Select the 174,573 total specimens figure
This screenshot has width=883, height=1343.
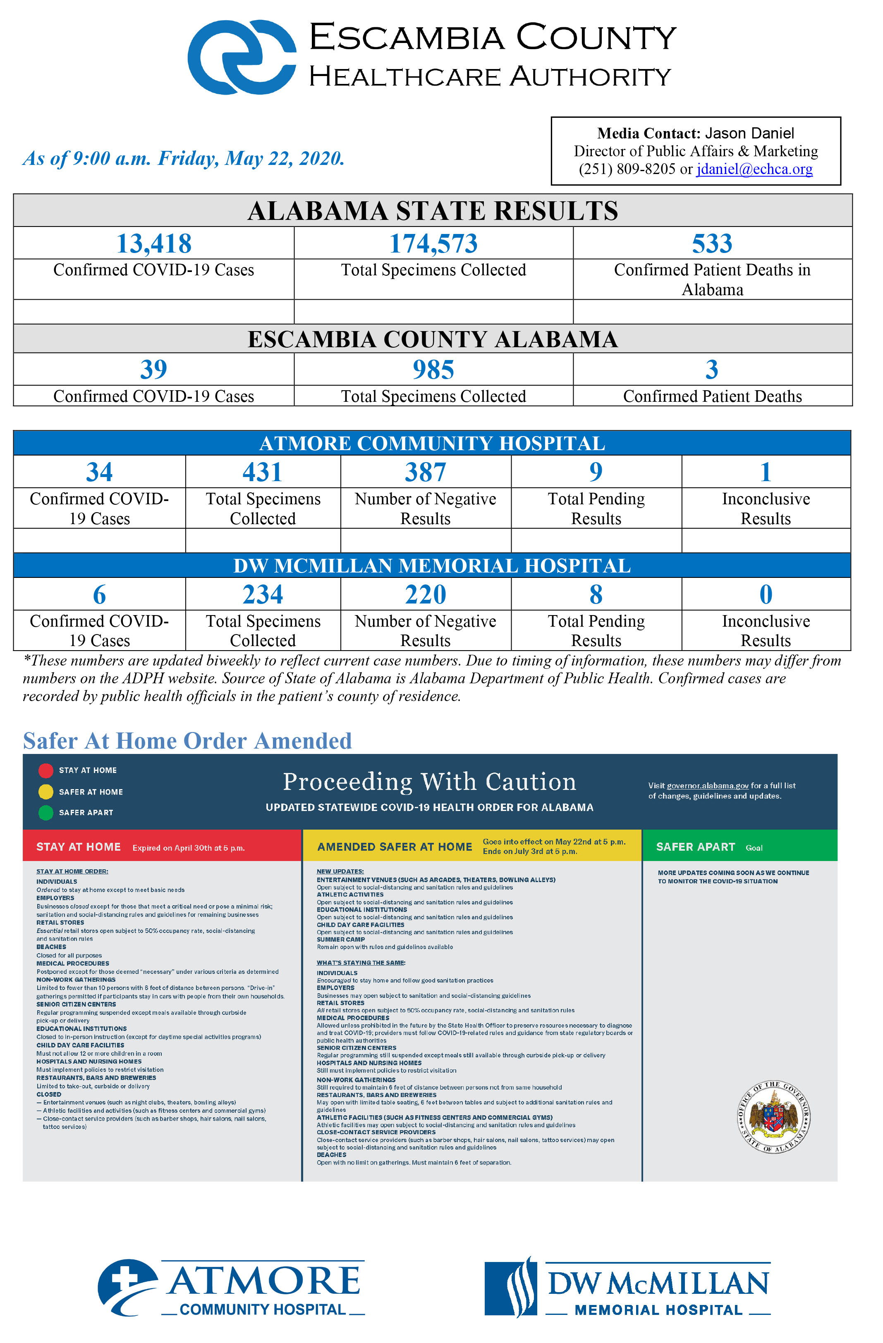433,244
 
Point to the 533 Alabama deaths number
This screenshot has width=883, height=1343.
712,244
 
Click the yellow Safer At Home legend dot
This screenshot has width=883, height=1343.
46,792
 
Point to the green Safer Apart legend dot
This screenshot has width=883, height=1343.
46,813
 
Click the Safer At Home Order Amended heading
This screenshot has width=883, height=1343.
187,741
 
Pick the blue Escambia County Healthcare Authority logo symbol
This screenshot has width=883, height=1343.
242,57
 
